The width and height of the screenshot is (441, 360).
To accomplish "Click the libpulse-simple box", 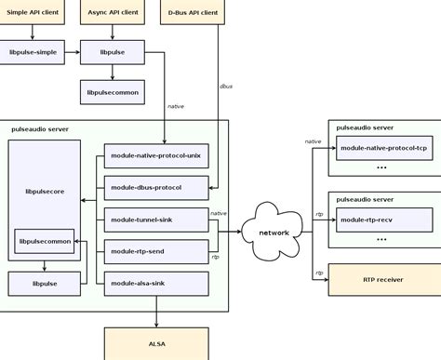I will pos(33,53).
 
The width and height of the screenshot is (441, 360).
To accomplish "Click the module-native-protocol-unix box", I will pos(154,155).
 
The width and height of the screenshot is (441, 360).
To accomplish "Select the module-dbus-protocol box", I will pos(154,187).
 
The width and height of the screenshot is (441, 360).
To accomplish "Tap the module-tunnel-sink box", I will pos(154,219).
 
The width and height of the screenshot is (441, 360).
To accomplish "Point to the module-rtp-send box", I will pos(154,250).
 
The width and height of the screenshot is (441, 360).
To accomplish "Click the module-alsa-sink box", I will pos(154,282).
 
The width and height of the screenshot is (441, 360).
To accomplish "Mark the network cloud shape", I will pos(274,232).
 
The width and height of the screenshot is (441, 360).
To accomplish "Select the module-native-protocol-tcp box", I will pos(383,148).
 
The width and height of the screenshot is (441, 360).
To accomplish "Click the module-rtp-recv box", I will pos(383,220).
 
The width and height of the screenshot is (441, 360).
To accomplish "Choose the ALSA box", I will pos(156,343).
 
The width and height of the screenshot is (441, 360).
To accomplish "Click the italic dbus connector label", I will pos(225,86).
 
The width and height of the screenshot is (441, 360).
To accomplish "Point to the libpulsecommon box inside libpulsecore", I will pos(45,241).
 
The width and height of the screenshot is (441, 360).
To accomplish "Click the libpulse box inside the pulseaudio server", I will pos(45,283).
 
